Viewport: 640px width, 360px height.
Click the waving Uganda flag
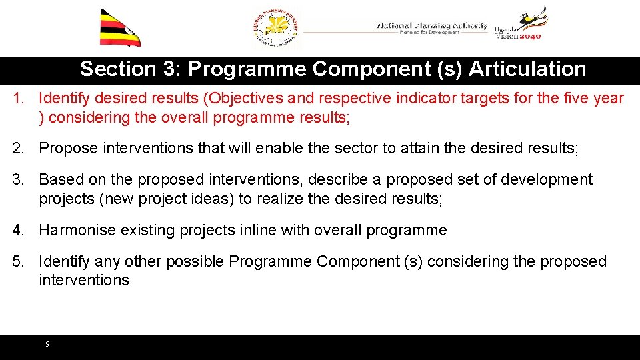[120, 28]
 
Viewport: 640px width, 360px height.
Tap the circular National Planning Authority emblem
[277, 29]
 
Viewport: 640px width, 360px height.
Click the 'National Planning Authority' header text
[431, 25]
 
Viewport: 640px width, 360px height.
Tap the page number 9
[47, 344]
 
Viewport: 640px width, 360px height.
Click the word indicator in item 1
[427, 99]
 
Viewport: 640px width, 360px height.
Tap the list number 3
[18, 180]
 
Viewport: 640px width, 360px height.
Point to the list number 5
[18, 261]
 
